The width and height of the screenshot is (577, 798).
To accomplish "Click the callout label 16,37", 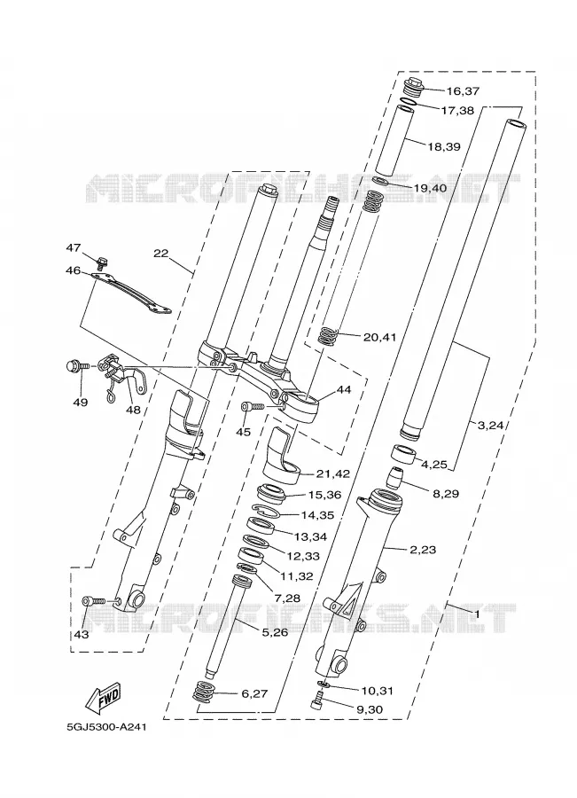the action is (x=463, y=91).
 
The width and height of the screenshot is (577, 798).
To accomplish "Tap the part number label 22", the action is (x=160, y=253).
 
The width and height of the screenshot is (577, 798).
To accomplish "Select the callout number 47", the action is (x=74, y=248).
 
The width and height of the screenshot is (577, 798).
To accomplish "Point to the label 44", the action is (x=344, y=390).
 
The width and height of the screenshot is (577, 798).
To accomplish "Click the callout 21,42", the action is (x=332, y=473).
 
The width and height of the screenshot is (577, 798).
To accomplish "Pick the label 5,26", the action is (x=274, y=632).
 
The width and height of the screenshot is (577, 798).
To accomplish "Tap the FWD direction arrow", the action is (x=105, y=696).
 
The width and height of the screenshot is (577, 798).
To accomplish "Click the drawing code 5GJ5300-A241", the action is (x=106, y=727).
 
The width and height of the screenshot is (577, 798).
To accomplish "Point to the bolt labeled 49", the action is (x=78, y=365).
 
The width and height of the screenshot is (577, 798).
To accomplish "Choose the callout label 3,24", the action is (x=490, y=426).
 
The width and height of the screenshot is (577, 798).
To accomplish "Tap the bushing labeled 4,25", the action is (x=404, y=453).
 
